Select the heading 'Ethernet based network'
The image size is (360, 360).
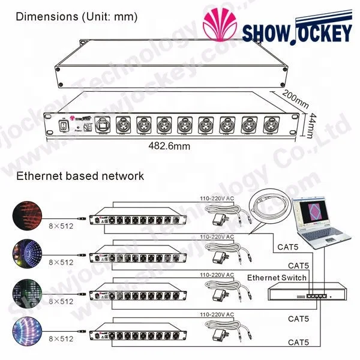(80, 176)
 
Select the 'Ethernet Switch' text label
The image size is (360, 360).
(277, 277)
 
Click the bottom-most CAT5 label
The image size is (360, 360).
(299, 343)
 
